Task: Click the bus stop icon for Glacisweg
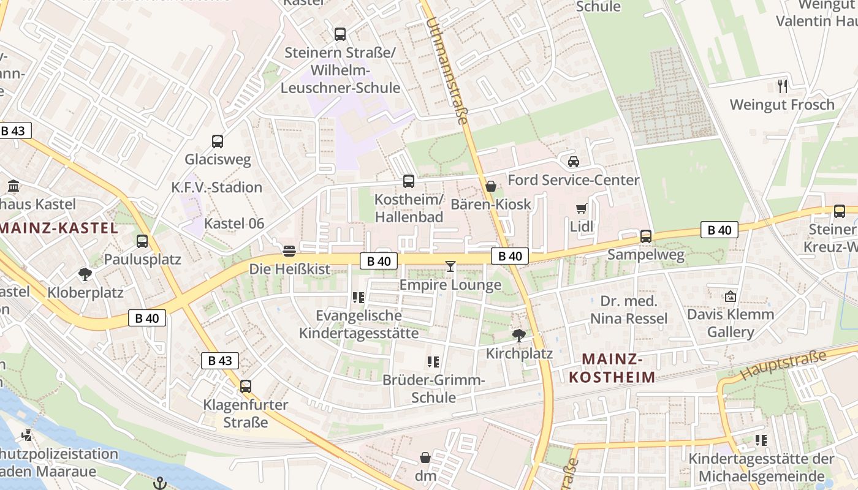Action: click(218, 141)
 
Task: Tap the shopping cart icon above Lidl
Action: click(581, 209)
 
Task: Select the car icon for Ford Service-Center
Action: click(573, 162)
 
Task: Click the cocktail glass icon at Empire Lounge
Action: click(450, 266)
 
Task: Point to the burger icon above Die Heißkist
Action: click(289, 251)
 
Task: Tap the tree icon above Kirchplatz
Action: click(518, 335)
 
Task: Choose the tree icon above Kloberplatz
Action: click(85, 274)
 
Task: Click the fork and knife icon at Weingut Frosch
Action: click(782, 86)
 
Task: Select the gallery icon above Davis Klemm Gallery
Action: click(730, 296)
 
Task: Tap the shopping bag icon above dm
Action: click(425, 458)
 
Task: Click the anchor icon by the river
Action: click(160, 483)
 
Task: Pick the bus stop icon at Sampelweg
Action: click(645, 236)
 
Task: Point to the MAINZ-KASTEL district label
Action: click(59, 228)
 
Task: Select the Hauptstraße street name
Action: click(783, 364)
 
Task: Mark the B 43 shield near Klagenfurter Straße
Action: click(220, 360)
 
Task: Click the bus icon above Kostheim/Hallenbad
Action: click(409, 181)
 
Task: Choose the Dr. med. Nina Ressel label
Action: click(629, 310)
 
